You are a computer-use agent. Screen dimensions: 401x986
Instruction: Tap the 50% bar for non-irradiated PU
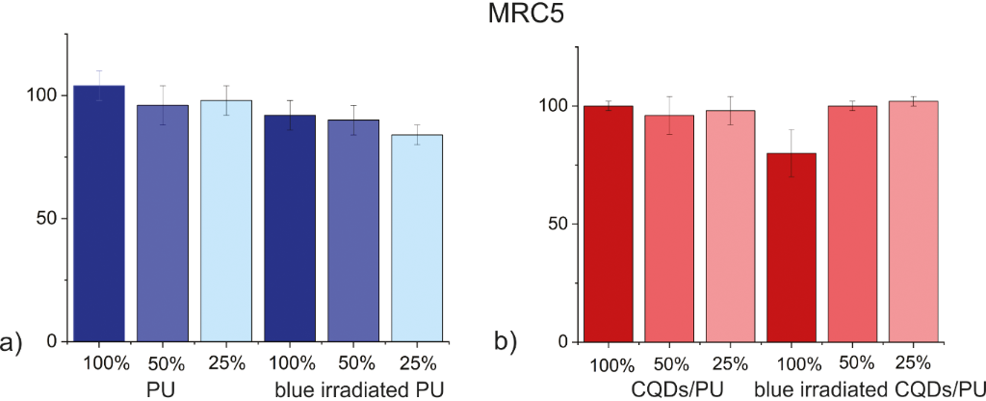pos(162,222)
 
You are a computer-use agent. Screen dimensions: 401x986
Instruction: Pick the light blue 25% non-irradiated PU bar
pos(226,220)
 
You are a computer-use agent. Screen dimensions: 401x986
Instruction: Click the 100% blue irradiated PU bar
pos(290,227)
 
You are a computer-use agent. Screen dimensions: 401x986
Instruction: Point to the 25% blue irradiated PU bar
pos(418,237)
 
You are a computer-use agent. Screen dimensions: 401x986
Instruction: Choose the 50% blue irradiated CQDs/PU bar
pos(855,224)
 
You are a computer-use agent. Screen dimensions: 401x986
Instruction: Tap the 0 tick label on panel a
pos(51,340)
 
